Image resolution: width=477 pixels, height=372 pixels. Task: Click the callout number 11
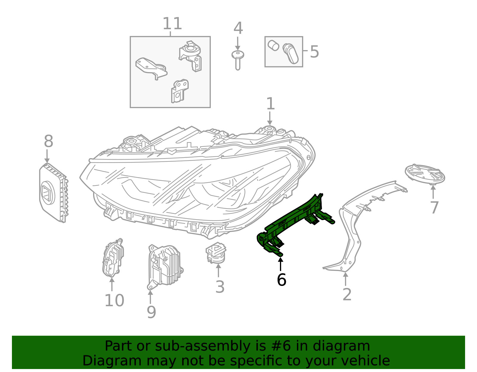coord(172,24)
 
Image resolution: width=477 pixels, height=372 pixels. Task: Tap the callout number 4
coord(238,29)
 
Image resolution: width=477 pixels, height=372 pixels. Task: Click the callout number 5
coord(314,52)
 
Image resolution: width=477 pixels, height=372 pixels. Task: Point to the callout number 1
coord(270,104)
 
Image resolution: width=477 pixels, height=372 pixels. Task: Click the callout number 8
coord(48,141)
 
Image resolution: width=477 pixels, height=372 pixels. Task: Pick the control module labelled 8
coord(53,192)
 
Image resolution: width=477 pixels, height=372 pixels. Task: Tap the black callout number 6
coord(281,280)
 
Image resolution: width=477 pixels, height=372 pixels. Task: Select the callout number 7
coord(434,208)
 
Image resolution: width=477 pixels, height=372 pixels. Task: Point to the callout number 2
coord(347,295)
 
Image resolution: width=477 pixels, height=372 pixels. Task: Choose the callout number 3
coord(220,287)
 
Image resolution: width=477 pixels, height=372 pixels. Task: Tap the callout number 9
coord(151,312)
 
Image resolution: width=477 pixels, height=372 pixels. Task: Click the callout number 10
coord(114,301)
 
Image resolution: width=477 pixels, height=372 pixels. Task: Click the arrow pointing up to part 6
coord(281,264)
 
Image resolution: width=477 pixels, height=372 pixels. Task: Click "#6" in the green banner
coord(272,346)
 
